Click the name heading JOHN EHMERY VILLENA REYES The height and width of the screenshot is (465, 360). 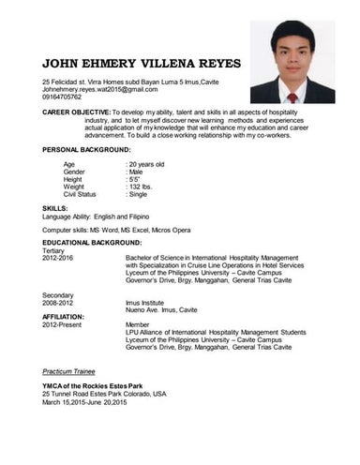(x=142, y=64)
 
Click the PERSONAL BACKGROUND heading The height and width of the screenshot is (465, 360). (x=87, y=150)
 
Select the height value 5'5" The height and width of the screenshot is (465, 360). (x=134, y=179)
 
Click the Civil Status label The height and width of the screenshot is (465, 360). (x=80, y=194)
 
